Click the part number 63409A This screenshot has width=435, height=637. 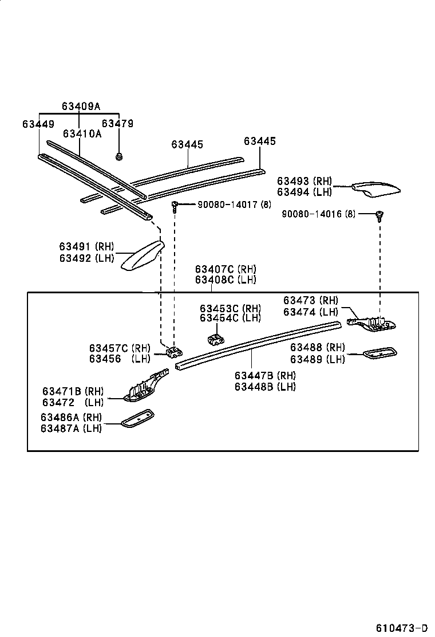pyautogui.click(x=81, y=106)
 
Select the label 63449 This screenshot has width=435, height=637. pyautogui.click(x=38, y=124)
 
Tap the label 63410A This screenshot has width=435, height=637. pyautogui.click(x=82, y=134)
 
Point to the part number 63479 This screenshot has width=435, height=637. pyautogui.click(x=117, y=124)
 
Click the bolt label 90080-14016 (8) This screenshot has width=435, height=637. pyautogui.click(x=318, y=214)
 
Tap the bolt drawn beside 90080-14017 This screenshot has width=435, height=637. pyautogui.click(x=175, y=205)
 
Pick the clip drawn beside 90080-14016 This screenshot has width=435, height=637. pyautogui.click(x=379, y=215)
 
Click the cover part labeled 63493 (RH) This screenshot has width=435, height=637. pyautogui.click(x=375, y=189)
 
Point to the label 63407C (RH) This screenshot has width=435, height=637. pyautogui.click(x=226, y=269)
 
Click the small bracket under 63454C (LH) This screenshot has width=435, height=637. pyautogui.click(x=216, y=339)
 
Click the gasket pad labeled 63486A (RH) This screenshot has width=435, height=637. pyautogui.click(x=137, y=418)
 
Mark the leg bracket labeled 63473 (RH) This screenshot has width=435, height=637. pyautogui.click(x=372, y=323)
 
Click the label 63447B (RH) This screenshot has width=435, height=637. pyautogui.click(x=265, y=376)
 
